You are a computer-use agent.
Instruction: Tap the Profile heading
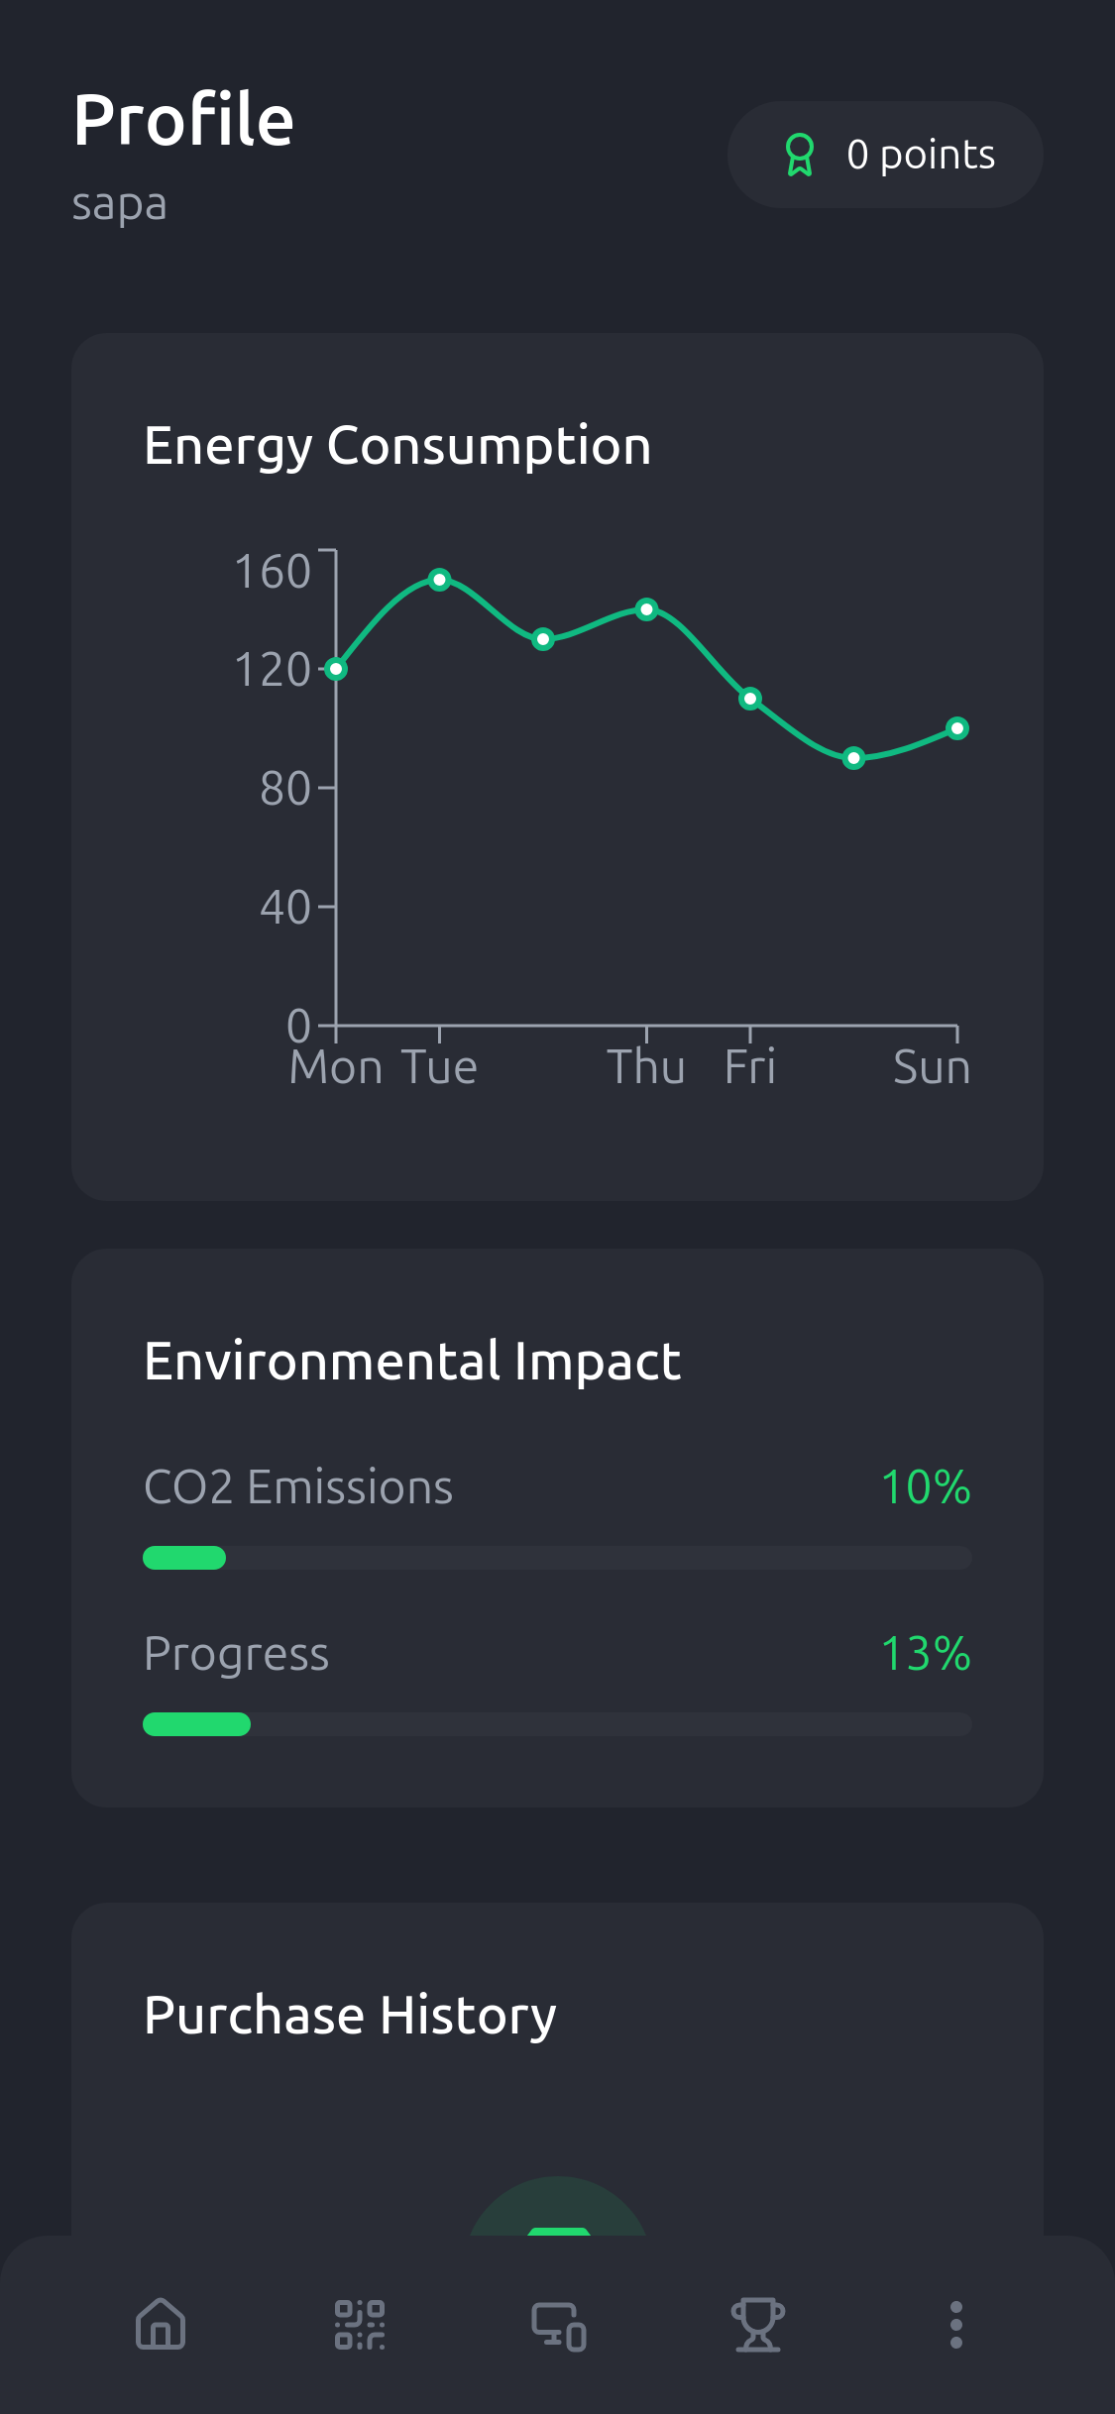click(183, 120)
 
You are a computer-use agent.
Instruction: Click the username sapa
click(119, 205)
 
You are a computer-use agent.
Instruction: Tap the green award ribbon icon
click(799, 155)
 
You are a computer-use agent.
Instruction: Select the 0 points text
click(921, 155)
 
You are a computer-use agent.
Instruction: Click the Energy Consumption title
click(397, 446)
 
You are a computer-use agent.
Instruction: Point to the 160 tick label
click(273, 572)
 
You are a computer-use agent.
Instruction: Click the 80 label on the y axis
click(284, 789)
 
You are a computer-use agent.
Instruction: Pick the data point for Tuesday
click(440, 580)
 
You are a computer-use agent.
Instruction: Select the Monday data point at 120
click(337, 669)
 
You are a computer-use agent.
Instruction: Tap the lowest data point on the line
click(853, 758)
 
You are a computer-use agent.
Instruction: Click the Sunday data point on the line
click(956, 728)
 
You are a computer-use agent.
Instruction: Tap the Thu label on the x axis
click(646, 1067)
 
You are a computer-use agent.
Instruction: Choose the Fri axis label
click(749, 1067)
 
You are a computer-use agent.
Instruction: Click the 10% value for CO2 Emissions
click(925, 1487)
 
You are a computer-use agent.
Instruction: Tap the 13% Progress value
click(925, 1654)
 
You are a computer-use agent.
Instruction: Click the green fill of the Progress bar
click(196, 1724)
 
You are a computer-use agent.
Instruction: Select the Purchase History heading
click(350, 2016)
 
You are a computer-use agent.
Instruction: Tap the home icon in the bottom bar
click(161, 2325)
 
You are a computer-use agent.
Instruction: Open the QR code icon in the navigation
click(360, 2325)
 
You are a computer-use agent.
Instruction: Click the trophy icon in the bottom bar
click(758, 2325)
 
